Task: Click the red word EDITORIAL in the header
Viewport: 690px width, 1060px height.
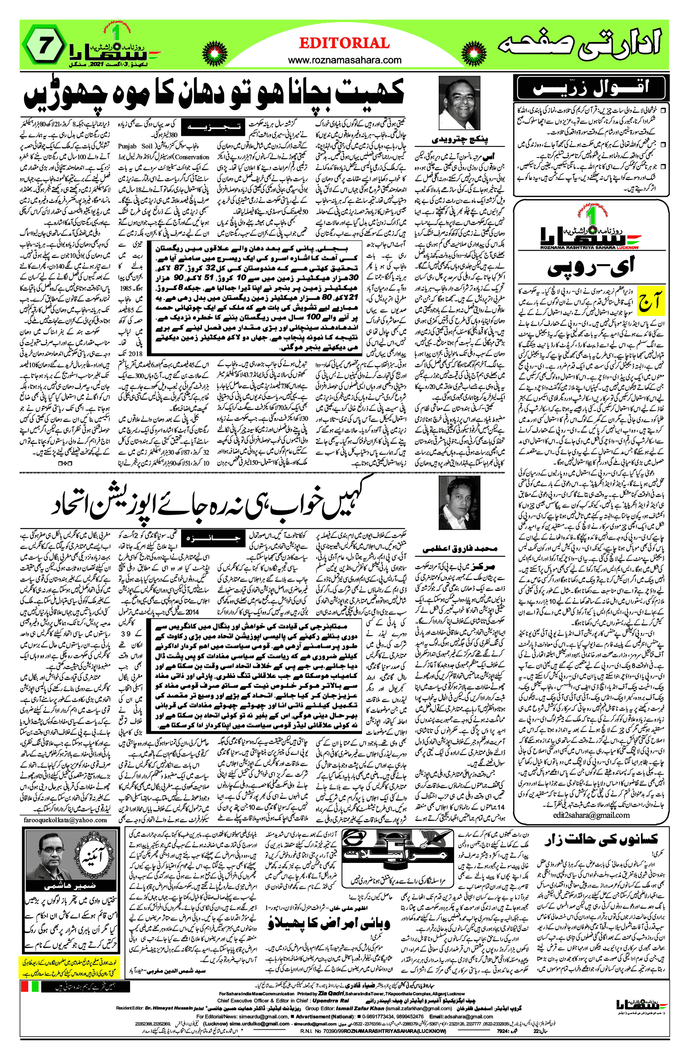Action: click(x=344, y=43)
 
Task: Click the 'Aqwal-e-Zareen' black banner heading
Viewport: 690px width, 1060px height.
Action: click(x=591, y=88)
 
